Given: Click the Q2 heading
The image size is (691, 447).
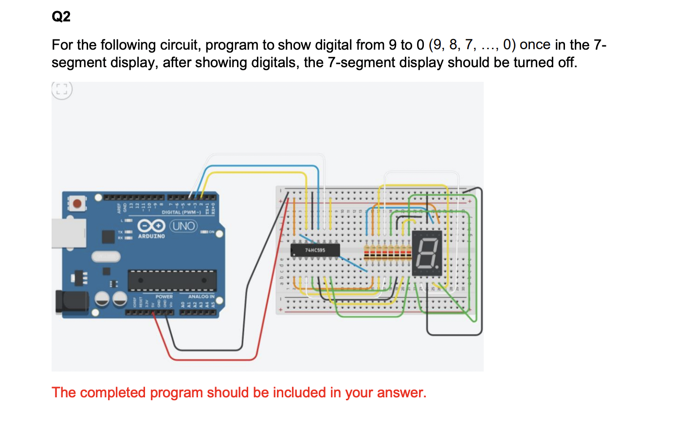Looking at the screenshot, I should pos(61,17).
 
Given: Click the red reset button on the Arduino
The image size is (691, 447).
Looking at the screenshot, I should pos(77,203).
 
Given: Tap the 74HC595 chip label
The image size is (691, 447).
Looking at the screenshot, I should pos(315,250).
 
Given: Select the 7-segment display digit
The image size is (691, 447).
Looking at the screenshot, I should pos(426,253).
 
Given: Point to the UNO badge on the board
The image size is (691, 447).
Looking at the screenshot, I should pos(183,226).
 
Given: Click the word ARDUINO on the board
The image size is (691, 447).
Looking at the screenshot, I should pos(151,236).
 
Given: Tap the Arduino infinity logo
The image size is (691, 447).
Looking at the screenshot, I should pos(151,226).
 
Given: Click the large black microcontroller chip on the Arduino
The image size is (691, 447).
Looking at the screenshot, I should pos(172,280).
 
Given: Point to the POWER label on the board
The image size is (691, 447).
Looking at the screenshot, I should pos(164,297).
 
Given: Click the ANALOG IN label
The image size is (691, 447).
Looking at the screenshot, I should pos(201,297).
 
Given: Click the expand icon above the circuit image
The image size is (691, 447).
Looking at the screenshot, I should pos(62,90).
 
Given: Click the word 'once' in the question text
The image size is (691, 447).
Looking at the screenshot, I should pos(535,45).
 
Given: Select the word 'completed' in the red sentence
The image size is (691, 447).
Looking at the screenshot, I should pos(112,392).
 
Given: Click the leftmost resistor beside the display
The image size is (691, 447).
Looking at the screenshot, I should pos(366,253).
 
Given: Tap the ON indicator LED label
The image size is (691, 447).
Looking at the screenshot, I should pos(211,232).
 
